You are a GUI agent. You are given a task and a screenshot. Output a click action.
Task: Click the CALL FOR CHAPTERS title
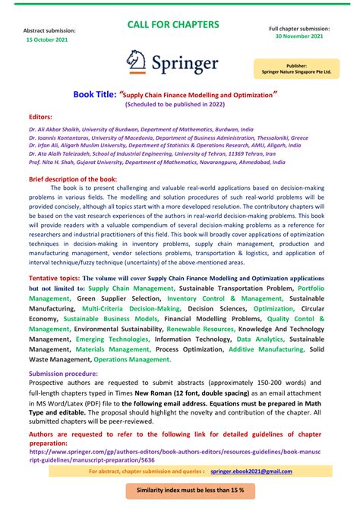(x=173, y=24)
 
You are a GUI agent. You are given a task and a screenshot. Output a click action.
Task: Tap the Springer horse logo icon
(x=138, y=61)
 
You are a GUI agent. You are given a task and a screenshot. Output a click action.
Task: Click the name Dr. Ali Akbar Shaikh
(x=56, y=130)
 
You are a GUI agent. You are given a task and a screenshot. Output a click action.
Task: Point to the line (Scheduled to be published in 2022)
(x=180, y=104)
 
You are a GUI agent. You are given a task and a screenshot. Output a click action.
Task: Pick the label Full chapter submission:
(x=298, y=28)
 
